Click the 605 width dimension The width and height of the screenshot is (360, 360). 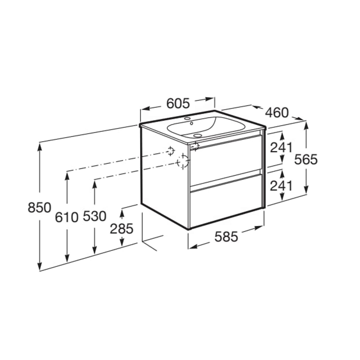point(178,103)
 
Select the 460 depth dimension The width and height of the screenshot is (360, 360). point(277,113)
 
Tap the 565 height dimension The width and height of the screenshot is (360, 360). point(306,160)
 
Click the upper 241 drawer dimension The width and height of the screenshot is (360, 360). point(281,147)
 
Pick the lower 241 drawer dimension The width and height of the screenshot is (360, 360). point(281,186)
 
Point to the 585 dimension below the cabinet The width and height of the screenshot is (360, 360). point(226,237)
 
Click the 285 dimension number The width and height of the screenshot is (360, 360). point(121,229)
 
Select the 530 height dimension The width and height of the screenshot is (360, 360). point(95,216)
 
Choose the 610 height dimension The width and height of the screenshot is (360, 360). point(66,217)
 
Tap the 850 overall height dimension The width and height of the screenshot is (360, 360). point(40,208)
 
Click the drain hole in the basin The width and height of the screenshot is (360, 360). point(198,136)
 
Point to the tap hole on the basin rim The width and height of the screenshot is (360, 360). point(186,119)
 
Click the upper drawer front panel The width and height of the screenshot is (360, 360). point(226,159)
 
